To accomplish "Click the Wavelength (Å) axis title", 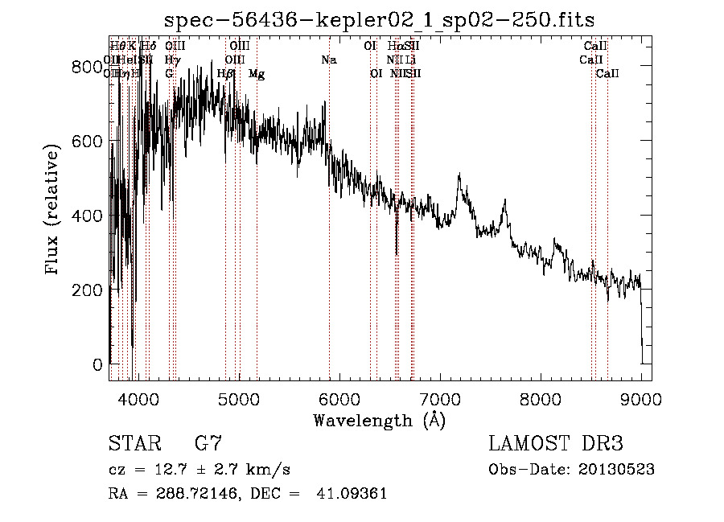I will pyautogui.click(x=380, y=420).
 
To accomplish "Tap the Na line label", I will pyautogui.click(x=328, y=60).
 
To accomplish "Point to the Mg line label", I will pyautogui.click(x=257, y=74).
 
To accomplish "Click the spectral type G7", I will pyautogui.click(x=208, y=444).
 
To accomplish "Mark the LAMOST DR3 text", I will pyautogui.click(x=556, y=444).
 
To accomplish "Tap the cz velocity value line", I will pyautogui.click(x=199, y=469).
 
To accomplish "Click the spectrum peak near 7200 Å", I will pyautogui.click(x=459, y=175).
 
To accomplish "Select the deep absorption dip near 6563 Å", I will pyautogui.click(x=397, y=253).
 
